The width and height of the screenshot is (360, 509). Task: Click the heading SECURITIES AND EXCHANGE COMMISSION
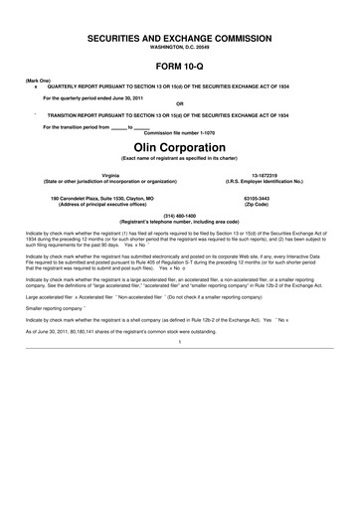(x=180, y=36)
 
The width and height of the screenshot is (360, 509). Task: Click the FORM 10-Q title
(x=180, y=65)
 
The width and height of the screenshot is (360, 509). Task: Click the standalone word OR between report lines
(x=180, y=103)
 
